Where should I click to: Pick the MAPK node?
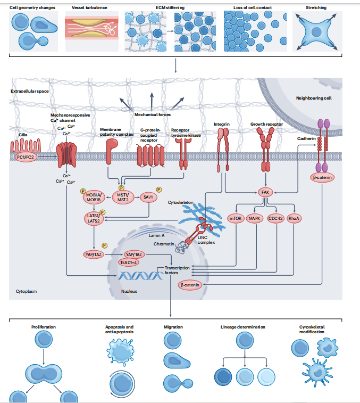[256, 218]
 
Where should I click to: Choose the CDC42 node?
[275, 218]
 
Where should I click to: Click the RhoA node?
[294, 218]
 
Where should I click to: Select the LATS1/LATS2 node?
[94, 217]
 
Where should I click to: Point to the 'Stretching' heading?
[316, 7]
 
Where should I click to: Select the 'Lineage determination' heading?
[243, 327]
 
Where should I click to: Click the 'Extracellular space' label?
[30, 92]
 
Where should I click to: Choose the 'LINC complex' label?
[206, 240]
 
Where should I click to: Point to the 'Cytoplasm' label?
[26, 292]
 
